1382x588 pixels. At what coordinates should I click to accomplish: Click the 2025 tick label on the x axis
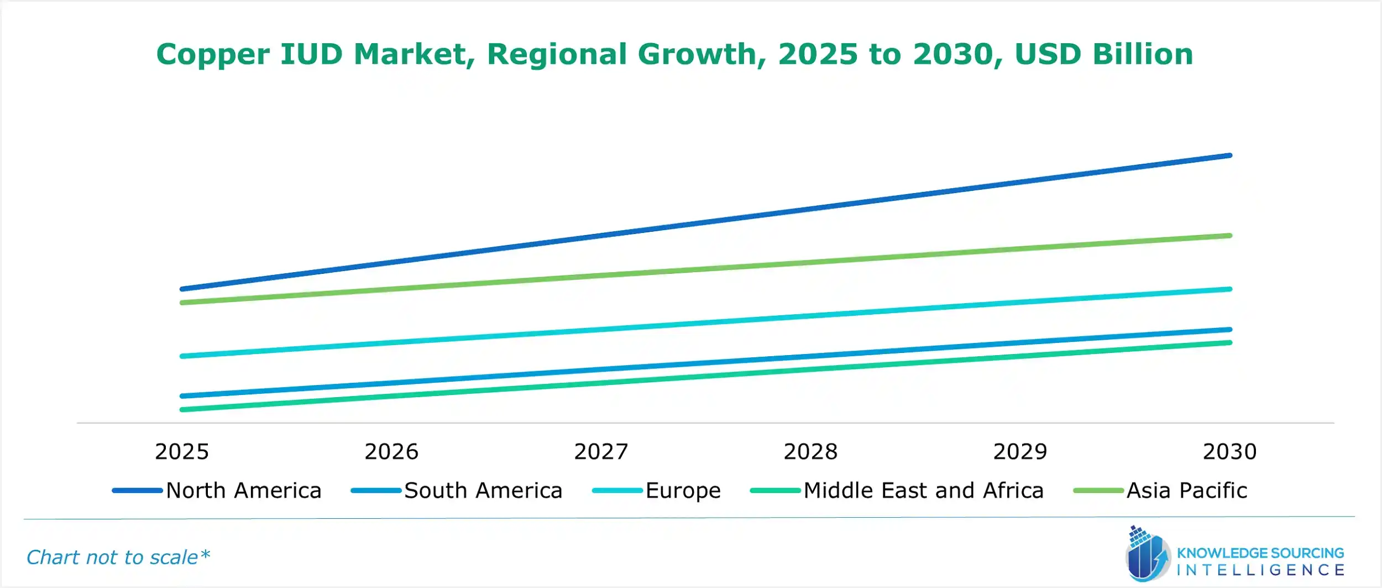[x=182, y=452]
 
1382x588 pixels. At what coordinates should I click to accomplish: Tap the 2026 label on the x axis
[x=391, y=452]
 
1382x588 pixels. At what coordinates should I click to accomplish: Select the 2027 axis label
[x=601, y=452]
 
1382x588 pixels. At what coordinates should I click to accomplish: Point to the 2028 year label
[x=810, y=452]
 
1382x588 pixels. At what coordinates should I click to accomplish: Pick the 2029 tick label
[x=1020, y=452]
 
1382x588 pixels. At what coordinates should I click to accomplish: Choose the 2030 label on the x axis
[x=1229, y=452]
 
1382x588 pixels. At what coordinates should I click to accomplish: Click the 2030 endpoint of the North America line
[x=1229, y=155]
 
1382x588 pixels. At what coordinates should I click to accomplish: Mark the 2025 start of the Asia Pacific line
[x=182, y=303]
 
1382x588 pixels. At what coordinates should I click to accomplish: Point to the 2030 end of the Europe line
[x=1229, y=289]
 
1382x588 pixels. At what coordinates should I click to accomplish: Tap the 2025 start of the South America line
[x=182, y=396]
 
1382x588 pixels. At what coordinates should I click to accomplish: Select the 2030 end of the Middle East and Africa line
[x=1229, y=342]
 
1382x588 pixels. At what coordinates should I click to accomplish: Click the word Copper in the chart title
[x=213, y=55]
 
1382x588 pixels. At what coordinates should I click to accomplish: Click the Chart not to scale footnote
[x=118, y=557]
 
